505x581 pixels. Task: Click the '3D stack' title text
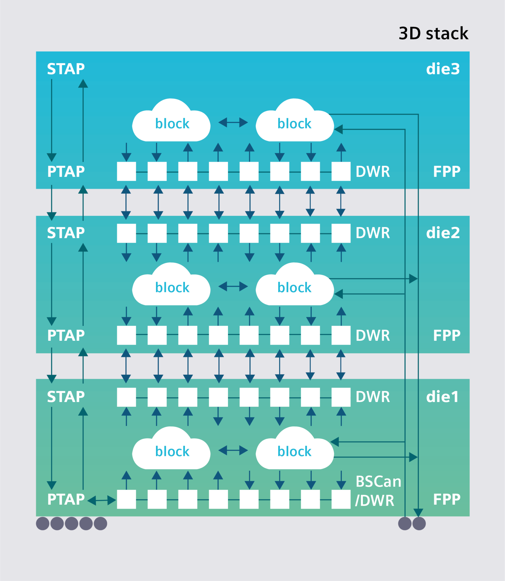(433, 33)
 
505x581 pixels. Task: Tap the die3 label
(443, 69)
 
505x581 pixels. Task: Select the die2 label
(443, 233)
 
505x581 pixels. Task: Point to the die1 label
(442, 397)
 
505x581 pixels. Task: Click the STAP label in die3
(66, 69)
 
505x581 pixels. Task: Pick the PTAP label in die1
(66, 499)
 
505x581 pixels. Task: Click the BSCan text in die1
(378, 482)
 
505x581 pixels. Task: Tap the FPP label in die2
(447, 335)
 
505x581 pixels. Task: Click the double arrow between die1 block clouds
(233, 450)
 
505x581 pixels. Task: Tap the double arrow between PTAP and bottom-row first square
(102, 500)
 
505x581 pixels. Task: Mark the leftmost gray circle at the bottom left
(43, 523)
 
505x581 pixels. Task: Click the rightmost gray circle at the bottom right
(419, 523)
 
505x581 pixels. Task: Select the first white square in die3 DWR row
(126, 171)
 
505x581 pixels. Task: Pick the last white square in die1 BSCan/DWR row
(341, 499)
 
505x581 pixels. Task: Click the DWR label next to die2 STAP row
(373, 233)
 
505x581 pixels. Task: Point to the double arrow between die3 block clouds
(233, 123)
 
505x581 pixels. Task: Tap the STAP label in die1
(66, 397)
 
